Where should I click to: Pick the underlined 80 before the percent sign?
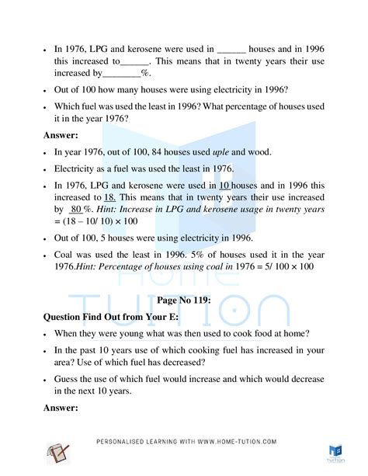76,209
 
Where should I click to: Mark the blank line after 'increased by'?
122,74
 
